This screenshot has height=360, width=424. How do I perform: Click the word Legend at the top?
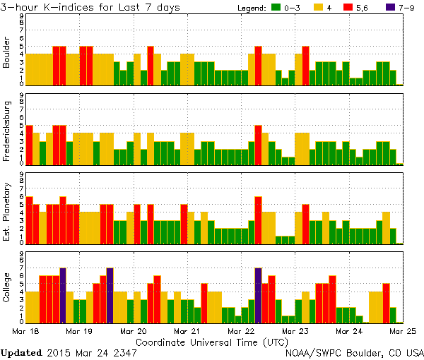(x=250, y=8)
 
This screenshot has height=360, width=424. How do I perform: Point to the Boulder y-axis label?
(x=7, y=52)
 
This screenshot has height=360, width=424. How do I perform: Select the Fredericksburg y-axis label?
(x=7, y=131)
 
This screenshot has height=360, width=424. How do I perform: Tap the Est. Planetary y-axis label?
(x=7, y=210)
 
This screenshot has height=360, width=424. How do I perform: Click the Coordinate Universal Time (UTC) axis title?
(x=211, y=342)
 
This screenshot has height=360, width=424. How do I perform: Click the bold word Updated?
(x=21, y=352)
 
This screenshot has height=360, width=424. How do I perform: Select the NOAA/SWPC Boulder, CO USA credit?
(x=353, y=352)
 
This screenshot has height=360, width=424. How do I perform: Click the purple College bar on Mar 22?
(x=258, y=294)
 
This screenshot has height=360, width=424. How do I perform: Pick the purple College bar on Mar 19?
(x=110, y=294)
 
